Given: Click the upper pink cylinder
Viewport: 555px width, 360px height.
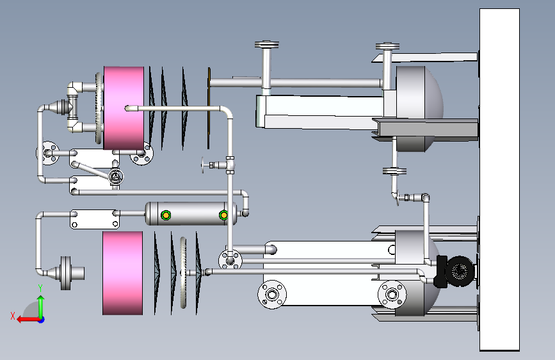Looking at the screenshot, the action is pyautogui.click(x=124, y=108).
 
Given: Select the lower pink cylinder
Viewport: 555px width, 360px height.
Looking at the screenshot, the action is pyautogui.click(x=122, y=273).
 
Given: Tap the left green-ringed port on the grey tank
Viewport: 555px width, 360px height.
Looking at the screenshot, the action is pyautogui.click(x=166, y=215).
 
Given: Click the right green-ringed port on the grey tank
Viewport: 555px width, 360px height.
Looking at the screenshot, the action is pyautogui.click(x=223, y=215).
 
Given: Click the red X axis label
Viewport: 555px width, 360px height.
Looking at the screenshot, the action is pyautogui.click(x=13, y=316).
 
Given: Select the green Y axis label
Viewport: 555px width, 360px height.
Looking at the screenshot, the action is pyautogui.click(x=40, y=288).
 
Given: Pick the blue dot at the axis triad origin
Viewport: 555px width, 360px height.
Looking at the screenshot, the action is pyautogui.click(x=42, y=320).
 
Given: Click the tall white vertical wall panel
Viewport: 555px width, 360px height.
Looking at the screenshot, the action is pyautogui.click(x=499, y=179).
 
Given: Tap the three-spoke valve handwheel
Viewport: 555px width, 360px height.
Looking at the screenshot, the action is pyautogui.click(x=115, y=176).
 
